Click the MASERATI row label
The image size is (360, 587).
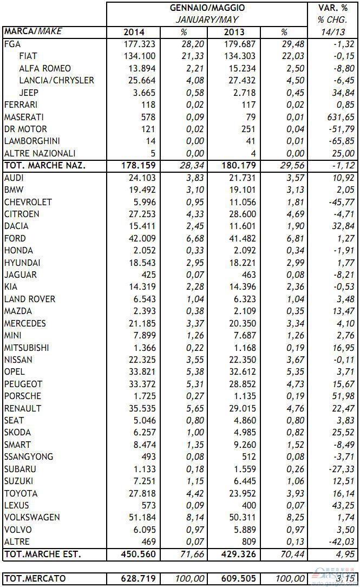[x=24, y=117]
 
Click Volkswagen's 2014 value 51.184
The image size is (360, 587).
[x=142, y=517]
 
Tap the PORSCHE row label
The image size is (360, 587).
[x=23, y=396]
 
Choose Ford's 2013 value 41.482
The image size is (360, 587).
[x=241, y=238]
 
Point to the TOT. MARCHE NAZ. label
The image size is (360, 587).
[x=44, y=165]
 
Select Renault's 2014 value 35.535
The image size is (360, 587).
[x=142, y=408]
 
